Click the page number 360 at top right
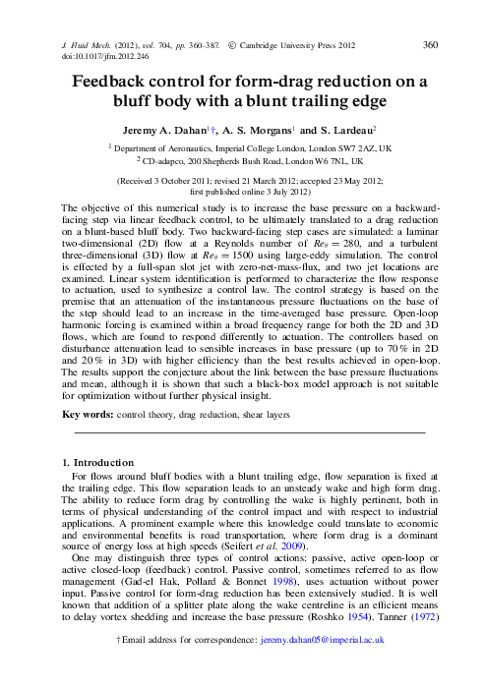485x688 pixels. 430,45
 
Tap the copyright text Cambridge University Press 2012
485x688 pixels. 298,46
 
